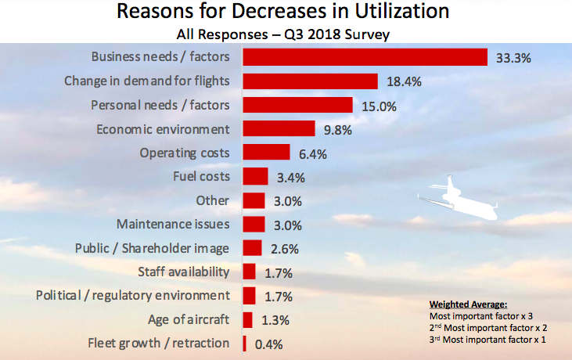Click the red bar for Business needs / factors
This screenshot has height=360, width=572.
click(x=365, y=57)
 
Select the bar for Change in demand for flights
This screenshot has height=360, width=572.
click(x=311, y=81)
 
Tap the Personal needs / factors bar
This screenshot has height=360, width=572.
click(x=297, y=105)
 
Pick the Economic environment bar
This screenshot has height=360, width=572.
click(x=279, y=128)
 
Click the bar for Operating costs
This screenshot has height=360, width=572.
click(x=266, y=153)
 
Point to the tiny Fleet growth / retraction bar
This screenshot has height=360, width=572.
click(x=245, y=343)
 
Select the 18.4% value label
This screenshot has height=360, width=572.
click(x=401, y=81)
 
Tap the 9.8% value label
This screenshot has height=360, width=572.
click(x=337, y=130)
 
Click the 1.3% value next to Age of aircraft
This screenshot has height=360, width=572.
click(x=275, y=319)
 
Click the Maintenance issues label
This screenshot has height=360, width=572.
click(x=173, y=224)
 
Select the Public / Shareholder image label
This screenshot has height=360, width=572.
click(x=152, y=248)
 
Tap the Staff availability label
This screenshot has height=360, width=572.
click(x=183, y=272)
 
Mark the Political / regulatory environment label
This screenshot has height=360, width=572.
click(x=133, y=295)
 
